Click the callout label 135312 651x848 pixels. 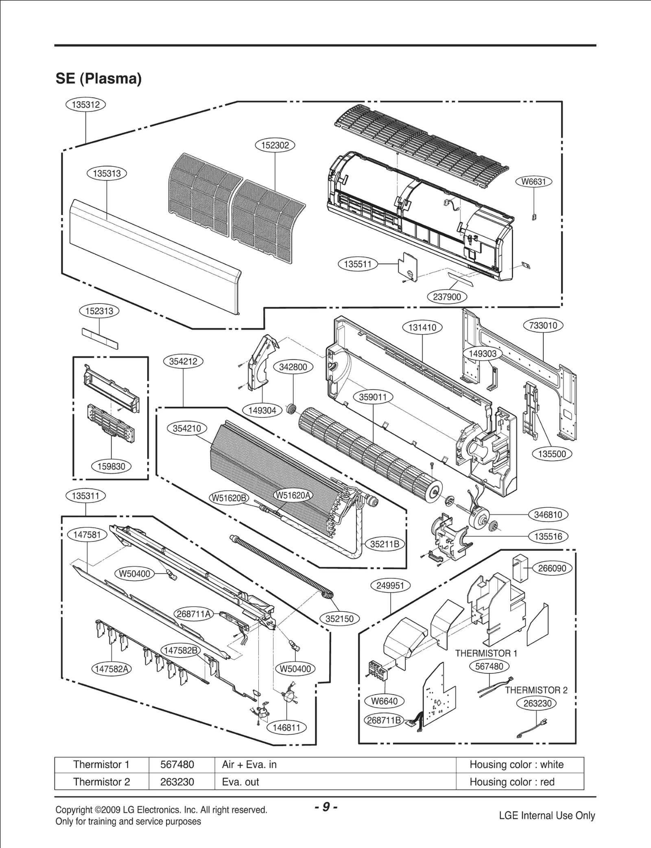click(x=85, y=105)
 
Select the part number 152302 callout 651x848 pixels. click(x=275, y=145)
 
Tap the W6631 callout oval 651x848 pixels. click(x=533, y=181)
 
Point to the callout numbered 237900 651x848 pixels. click(x=447, y=297)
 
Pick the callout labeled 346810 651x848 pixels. click(x=548, y=515)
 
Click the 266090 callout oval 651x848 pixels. click(x=552, y=568)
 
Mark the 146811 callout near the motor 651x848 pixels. click(x=287, y=728)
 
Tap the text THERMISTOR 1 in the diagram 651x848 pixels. click(x=486, y=653)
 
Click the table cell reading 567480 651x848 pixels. click(x=177, y=765)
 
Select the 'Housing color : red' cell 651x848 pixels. click(x=512, y=782)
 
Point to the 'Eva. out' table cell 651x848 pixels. click(x=240, y=782)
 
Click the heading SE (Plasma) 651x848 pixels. click(x=98, y=79)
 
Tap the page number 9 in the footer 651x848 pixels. click(x=326, y=807)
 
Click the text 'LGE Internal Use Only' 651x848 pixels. click(x=547, y=815)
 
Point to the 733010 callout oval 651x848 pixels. click(x=543, y=326)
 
